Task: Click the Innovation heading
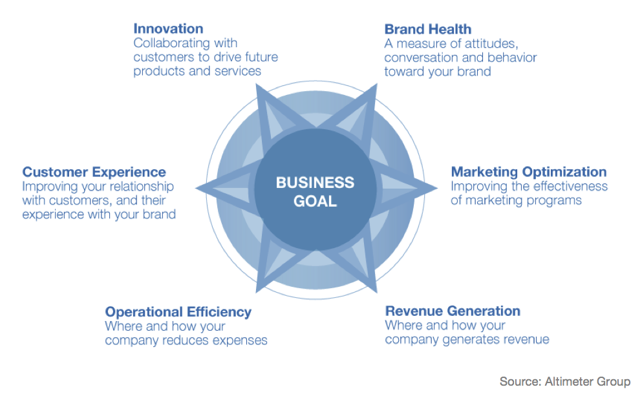tap(168, 28)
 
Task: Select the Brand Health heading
tap(428, 29)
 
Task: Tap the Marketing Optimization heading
tap(529, 172)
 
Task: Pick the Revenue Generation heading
tap(453, 311)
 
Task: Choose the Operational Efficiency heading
tap(178, 311)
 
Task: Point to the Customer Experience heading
tap(94, 172)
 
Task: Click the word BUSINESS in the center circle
tap(316, 182)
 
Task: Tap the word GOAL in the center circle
tap(316, 202)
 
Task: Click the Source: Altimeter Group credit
tap(565, 382)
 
